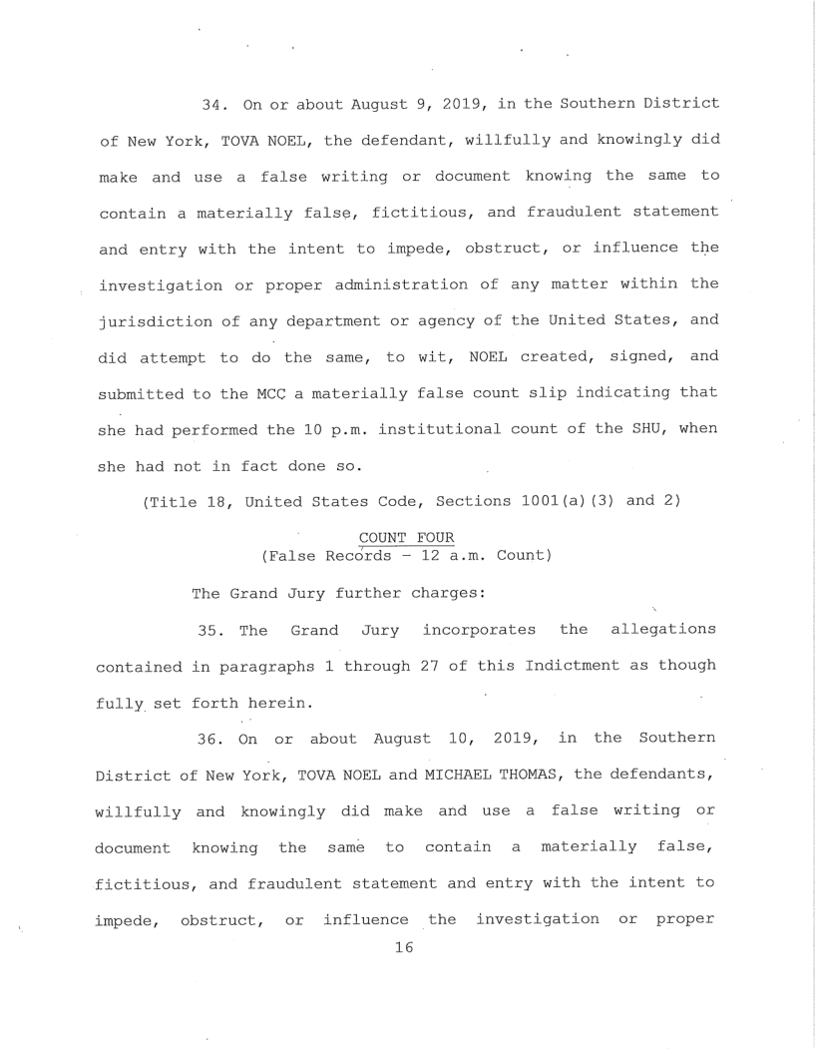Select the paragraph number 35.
(209, 631)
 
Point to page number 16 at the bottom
(404, 949)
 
